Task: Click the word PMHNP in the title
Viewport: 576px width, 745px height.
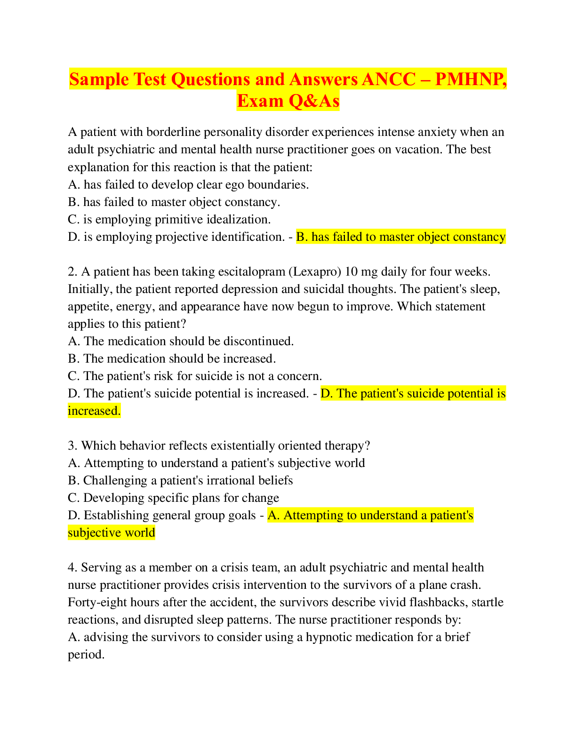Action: tap(470, 79)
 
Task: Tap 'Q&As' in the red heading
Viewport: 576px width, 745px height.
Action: tap(314, 101)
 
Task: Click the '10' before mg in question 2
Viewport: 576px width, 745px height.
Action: tap(351, 271)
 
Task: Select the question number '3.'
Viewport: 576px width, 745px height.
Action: tap(73, 446)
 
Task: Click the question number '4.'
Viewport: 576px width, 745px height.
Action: tap(73, 568)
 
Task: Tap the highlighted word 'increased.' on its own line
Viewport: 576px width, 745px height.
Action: tap(94, 411)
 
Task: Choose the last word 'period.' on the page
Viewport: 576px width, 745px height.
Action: tap(86, 655)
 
